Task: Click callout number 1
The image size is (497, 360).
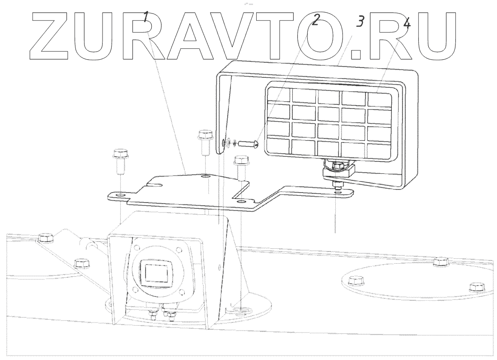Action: pyautogui.click(x=146, y=18)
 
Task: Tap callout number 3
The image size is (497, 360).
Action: pyautogui.click(x=360, y=21)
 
